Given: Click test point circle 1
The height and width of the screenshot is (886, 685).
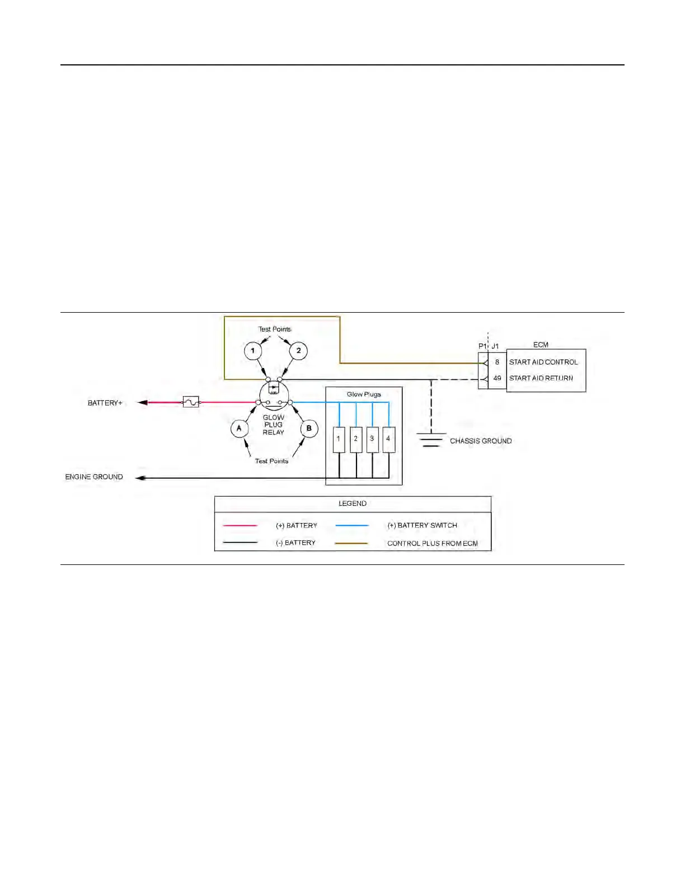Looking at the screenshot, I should tap(253, 351).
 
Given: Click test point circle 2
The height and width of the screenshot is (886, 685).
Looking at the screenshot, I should tap(298, 351).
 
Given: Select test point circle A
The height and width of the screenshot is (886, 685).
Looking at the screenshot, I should tap(240, 428).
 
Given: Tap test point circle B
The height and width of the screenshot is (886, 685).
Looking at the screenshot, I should tap(309, 428).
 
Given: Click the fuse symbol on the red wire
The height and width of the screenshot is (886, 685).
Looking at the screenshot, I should tap(191, 402).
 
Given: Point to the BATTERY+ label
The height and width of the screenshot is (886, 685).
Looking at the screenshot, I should tap(105, 403).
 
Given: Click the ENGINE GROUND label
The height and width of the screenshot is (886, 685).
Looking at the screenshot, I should tap(94, 477).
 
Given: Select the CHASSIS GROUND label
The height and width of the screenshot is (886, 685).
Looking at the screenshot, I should tap(481, 441).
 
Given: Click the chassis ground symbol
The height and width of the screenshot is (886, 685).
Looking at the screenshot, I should tap(430, 440).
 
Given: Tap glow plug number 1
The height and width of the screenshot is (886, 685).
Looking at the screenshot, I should tap(339, 440).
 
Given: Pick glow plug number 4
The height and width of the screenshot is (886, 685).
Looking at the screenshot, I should tap(388, 440).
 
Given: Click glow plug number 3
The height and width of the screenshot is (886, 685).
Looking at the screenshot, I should tap(372, 440).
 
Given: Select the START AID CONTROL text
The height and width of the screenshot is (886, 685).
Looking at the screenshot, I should tap(543, 362).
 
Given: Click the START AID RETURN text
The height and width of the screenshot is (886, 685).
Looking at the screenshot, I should tap(541, 378).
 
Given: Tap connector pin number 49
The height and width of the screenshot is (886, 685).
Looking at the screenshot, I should tap(497, 378).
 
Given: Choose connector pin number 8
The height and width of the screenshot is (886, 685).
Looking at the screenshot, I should tap(497, 362).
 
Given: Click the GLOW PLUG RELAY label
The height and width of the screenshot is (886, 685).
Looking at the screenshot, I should tap(274, 425).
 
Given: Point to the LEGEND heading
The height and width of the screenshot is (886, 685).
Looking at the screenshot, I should tap(353, 503).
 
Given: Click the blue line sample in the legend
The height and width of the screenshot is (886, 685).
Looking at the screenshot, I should tap(352, 525).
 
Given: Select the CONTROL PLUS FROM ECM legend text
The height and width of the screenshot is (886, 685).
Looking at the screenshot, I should tap(433, 543).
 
